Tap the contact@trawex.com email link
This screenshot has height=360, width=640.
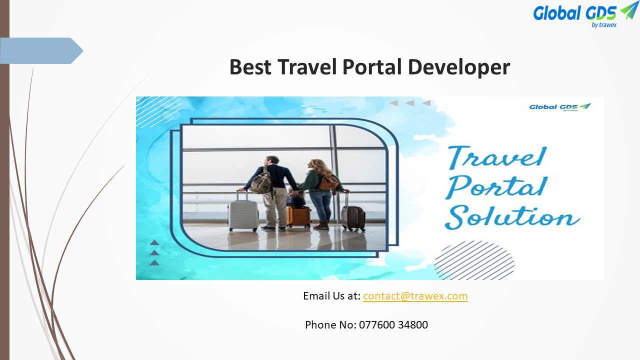point(415,296)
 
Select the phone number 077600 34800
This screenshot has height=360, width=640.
point(393,325)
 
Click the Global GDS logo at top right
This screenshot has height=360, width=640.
point(585,14)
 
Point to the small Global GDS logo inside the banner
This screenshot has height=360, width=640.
point(559,107)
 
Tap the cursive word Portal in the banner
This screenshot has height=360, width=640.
point(495,186)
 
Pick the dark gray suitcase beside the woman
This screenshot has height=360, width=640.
point(353,217)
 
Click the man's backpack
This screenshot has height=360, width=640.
point(261,181)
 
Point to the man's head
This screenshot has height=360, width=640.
point(271,161)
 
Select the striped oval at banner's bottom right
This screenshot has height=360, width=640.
point(473,260)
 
